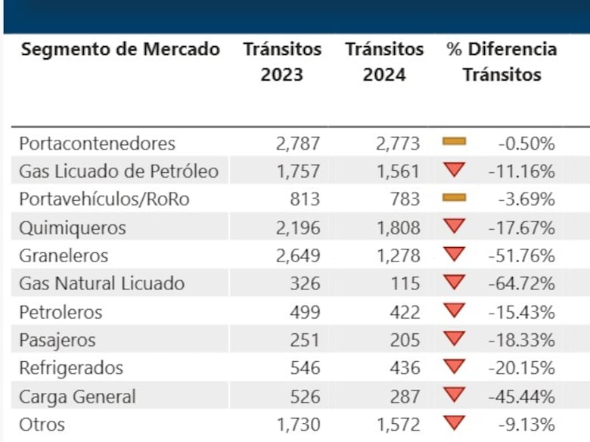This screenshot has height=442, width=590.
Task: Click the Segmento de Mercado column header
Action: click(120, 50)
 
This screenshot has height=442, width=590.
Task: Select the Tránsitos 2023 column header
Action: click(282, 62)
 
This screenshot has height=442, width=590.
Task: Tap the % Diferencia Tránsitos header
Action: click(501, 62)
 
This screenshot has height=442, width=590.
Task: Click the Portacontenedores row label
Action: click(98, 143)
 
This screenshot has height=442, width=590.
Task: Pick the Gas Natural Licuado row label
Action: click(102, 284)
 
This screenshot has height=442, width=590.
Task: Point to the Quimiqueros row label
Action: click(73, 227)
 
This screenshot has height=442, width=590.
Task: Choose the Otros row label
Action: click(42, 425)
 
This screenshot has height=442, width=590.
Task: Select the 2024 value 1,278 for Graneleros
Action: click(398, 256)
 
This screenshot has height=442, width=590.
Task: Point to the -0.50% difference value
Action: click(526, 143)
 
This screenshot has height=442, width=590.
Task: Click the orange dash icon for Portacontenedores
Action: click(455, 141)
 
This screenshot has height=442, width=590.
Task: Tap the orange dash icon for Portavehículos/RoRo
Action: click(455, 198)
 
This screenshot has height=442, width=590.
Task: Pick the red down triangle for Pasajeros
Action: click(455, 338)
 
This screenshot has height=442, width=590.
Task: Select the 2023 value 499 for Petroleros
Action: click(304, 312)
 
